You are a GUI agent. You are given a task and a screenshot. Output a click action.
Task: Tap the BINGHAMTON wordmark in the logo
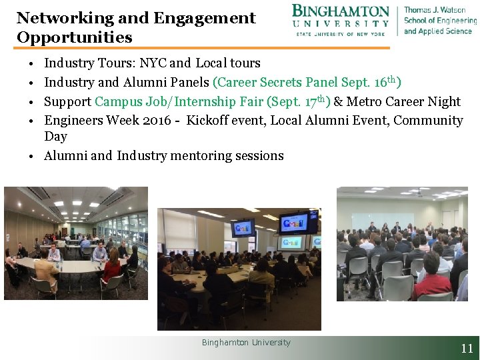pyautogui.click(x=341, y=12)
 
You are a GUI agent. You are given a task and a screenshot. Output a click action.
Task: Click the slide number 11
pyautogui.click(x=467, y=348)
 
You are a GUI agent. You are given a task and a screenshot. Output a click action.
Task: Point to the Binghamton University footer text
pyautogui.click(x=246, y=343)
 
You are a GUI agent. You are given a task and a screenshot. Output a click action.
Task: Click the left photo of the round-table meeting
pyautogui.click(x=76, y=243)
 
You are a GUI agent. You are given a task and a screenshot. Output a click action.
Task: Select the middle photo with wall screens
pyautogui.click(x=239, y=269)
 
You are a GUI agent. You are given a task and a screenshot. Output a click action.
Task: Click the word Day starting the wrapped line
pyautogui.click(x=55, y=137)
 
